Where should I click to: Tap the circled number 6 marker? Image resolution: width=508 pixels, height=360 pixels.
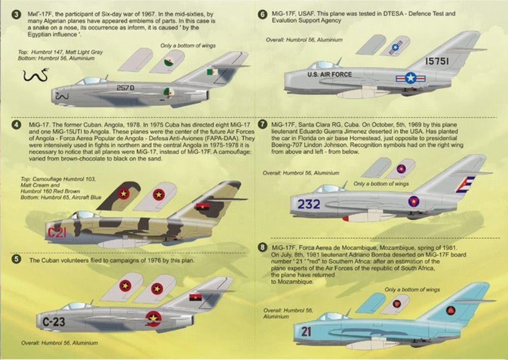tap(262, 14)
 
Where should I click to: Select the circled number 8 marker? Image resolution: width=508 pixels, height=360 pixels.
tap(262, 248)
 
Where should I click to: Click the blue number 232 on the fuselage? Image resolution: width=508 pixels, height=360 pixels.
tap(309, 204)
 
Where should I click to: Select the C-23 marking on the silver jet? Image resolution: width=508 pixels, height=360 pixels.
tap(53, 321)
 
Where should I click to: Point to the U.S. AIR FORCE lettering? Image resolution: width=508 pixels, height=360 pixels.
tap(329, 75)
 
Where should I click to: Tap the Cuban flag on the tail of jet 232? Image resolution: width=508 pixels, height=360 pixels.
tap(465, 184)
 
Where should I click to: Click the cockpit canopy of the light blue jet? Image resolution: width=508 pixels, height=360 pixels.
tap(333, 316)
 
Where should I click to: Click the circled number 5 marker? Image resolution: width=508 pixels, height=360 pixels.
tap(16, 259)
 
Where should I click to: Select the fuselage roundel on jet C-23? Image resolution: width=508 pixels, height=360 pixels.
tap(152, 319)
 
